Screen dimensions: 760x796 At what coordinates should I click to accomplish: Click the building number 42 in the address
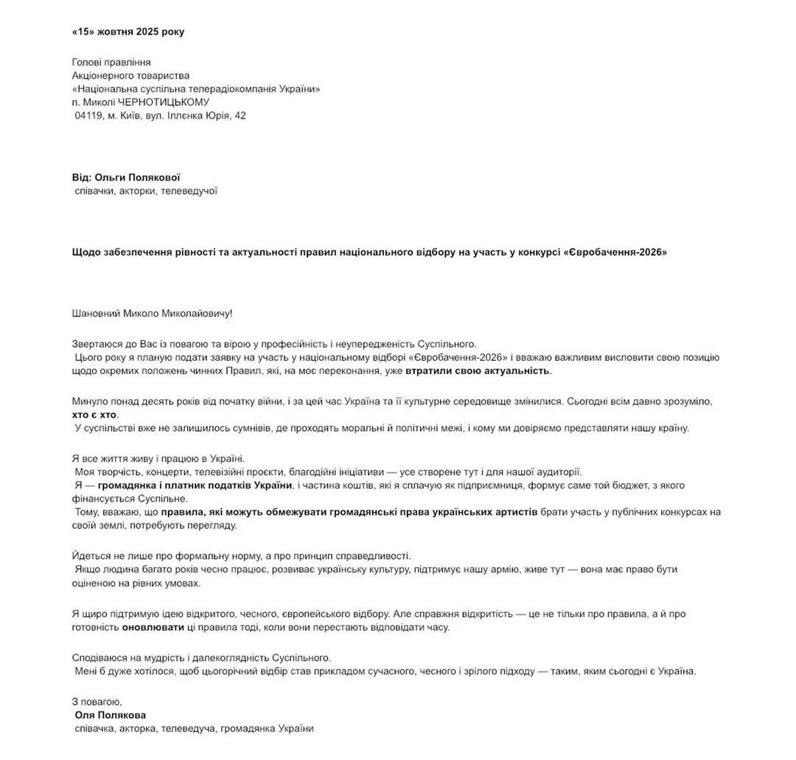240,116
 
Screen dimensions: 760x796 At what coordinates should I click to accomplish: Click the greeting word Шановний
94,313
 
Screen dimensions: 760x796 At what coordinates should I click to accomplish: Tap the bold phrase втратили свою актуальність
478,370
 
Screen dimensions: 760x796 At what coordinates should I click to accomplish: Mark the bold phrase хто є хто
95,415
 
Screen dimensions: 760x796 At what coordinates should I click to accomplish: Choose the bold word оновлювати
153,627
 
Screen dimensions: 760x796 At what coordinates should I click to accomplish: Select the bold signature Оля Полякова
111,715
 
